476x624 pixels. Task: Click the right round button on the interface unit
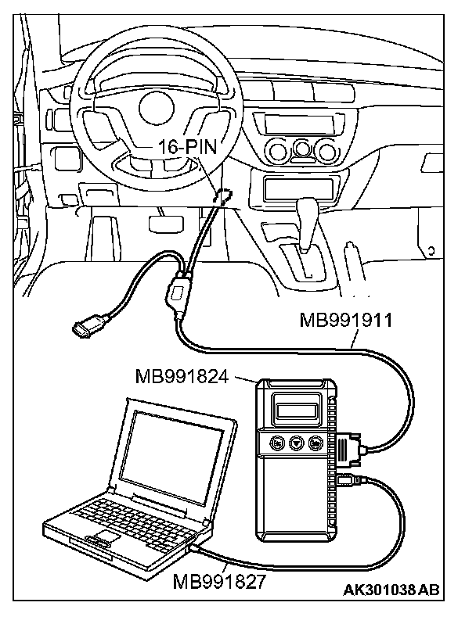coord(315,442)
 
